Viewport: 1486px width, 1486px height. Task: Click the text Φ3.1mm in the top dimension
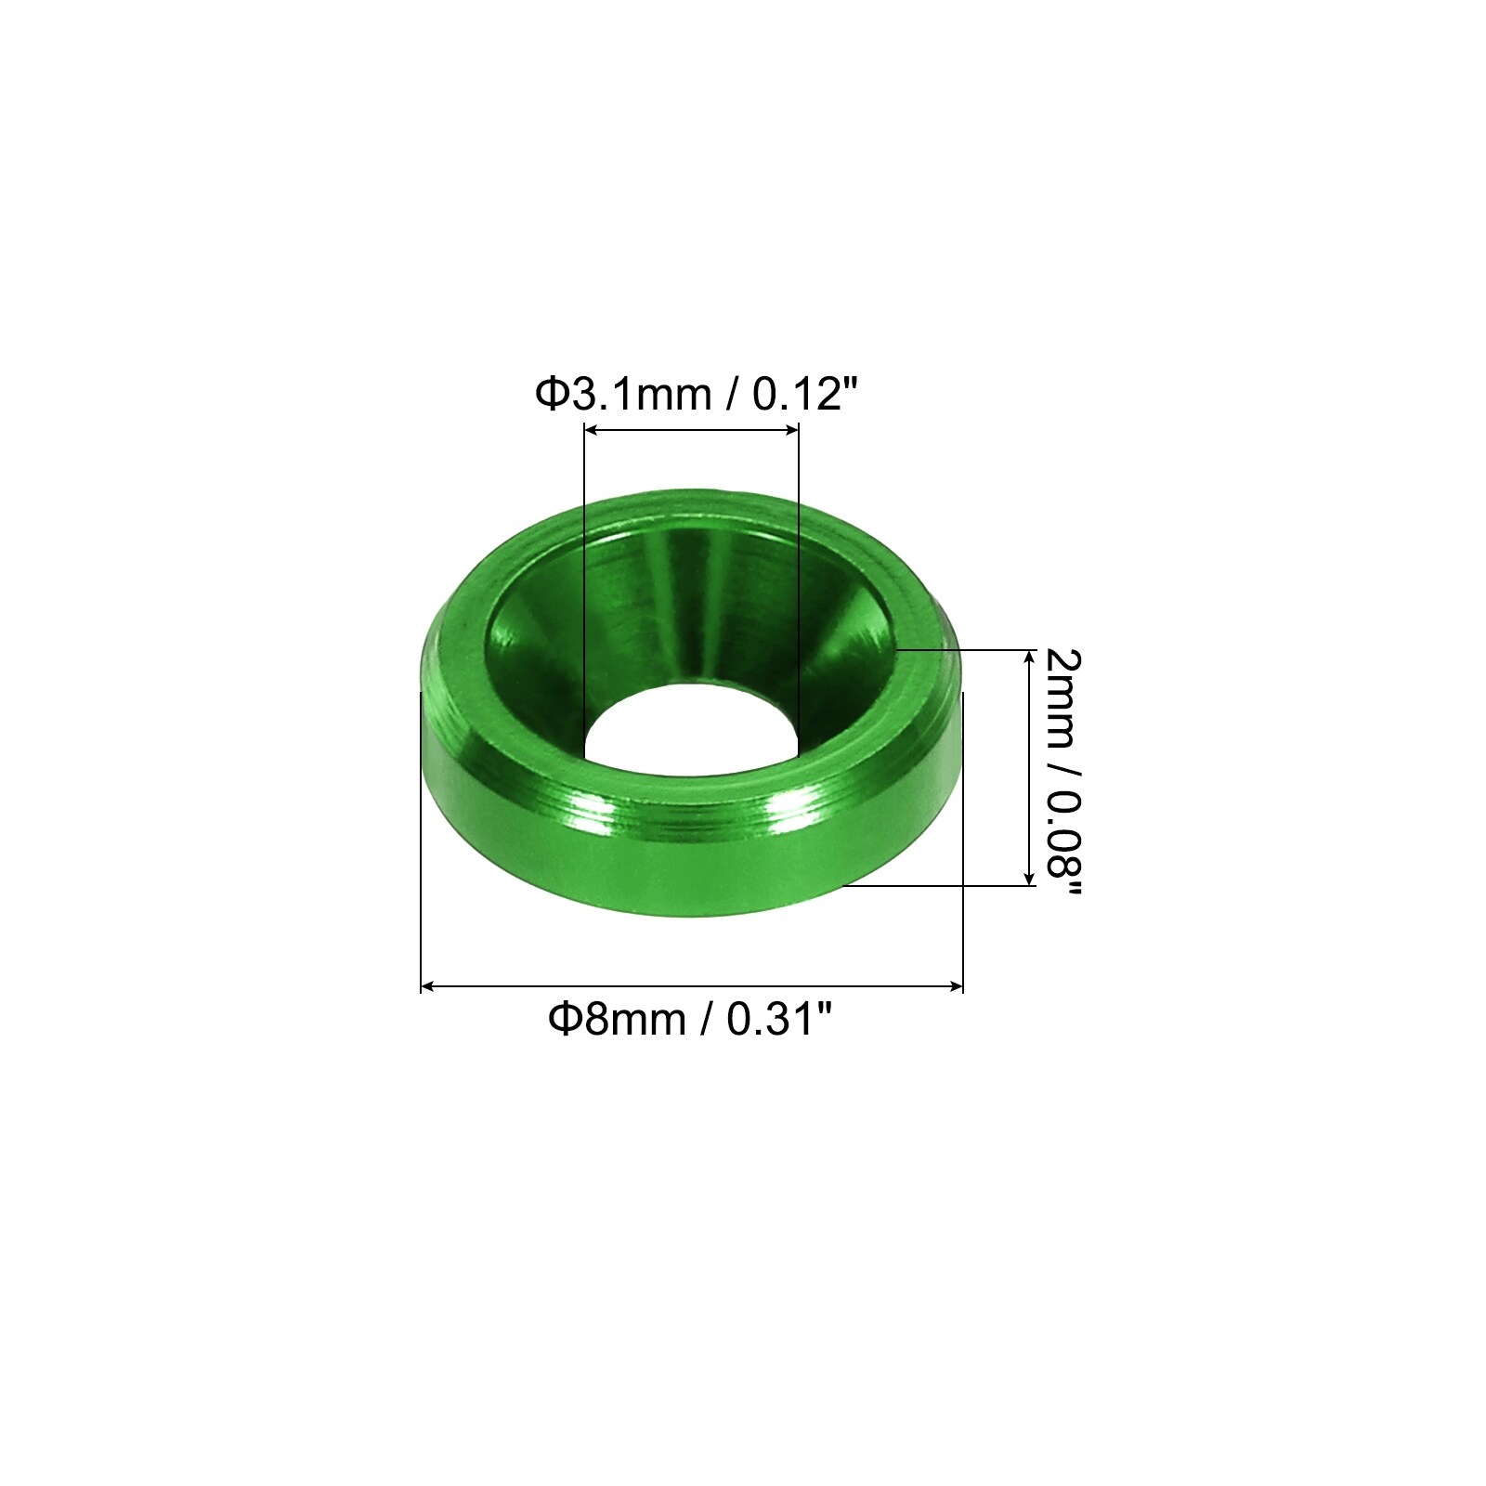pos(622,395)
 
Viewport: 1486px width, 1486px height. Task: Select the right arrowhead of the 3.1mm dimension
pos(791,429)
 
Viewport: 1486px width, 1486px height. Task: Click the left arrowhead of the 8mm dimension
pos(429,986)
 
